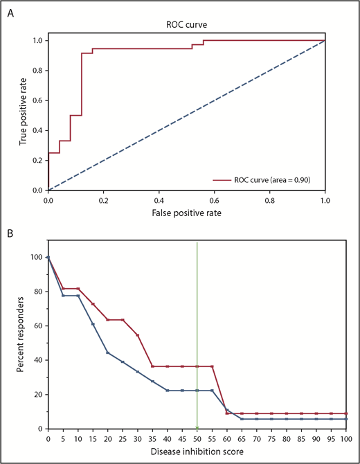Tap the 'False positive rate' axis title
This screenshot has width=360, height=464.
(x=186, y=213)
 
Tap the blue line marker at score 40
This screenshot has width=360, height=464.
(x=168, y=391)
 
